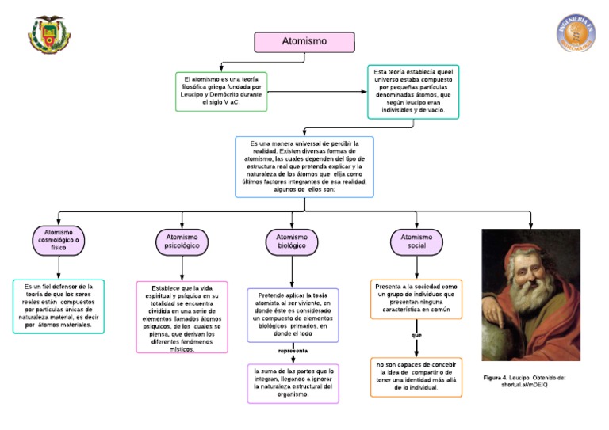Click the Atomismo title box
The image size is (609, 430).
coord(304,42)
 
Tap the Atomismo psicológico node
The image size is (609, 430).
coord(182,242)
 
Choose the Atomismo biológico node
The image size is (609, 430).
coord(291,242)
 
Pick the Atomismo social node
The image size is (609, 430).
coord(416,242)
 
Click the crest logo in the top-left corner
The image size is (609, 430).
coord(49,35)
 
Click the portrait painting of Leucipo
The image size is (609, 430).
coord(530,295)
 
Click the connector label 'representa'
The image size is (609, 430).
coord(293,350)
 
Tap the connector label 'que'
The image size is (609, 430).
coord(416,335)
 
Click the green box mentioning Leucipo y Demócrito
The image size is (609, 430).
coord(220,91)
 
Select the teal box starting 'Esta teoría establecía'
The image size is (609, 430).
coord(412,91)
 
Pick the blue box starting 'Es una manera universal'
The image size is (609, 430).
coord(304,166)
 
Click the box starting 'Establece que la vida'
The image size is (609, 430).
coord(182,317)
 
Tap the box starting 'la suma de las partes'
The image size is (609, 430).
coord(293,382)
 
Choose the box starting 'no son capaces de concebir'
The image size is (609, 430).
coord(416,376)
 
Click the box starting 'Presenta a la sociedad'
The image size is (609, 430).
coord(416,299)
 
